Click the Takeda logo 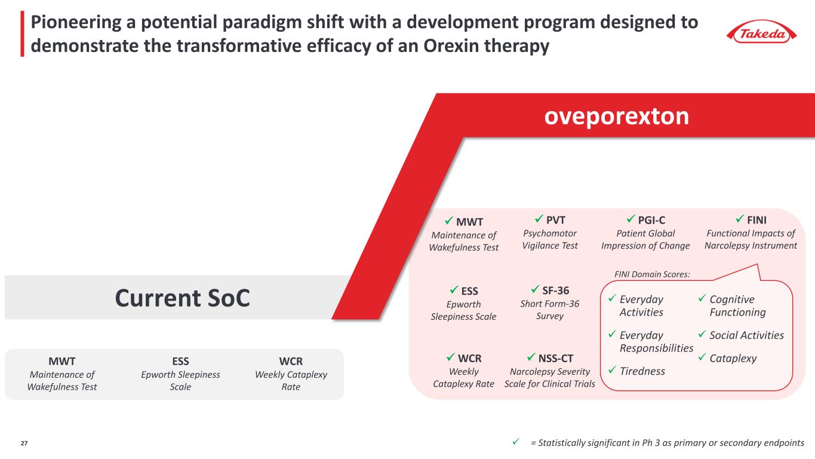764,33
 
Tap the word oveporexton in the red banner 616,116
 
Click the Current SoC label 182,298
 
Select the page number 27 24,443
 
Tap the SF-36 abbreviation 555,291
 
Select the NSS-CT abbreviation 555,359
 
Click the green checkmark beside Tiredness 611,371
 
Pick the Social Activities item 746,335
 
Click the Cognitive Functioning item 737,305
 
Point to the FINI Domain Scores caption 652,274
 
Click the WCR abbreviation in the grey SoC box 291,362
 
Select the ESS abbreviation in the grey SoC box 180,362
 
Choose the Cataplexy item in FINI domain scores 733,359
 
